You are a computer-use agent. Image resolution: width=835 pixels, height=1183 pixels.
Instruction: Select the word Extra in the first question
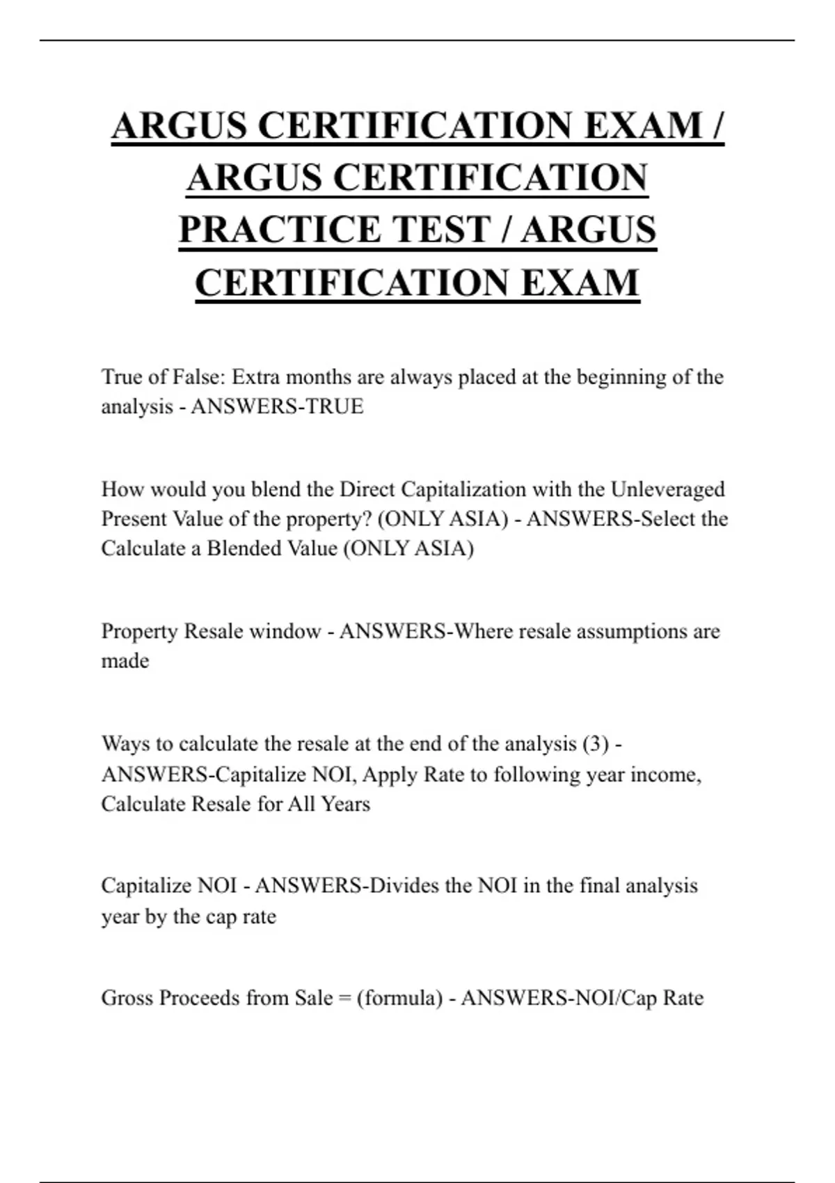[x=255, y=377]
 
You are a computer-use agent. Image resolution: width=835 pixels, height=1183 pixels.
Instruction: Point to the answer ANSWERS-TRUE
[x=277, y=406]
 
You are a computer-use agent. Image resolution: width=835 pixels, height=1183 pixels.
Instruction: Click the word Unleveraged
[x=667, y=489]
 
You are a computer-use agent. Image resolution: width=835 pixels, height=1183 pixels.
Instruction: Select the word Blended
[x=239, y=548]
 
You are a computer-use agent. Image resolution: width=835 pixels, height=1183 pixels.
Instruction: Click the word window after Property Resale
[x=285, y=631]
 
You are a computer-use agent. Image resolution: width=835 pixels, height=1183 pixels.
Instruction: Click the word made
[x=125, y=660]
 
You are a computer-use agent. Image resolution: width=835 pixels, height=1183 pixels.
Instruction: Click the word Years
[x=345, y=804]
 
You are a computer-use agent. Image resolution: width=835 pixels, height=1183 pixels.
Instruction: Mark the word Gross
[x=127, y=998]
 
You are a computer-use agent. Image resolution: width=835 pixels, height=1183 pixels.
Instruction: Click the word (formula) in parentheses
[x=399, y=998]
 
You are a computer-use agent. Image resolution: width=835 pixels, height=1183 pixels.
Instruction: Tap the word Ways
[x=125, y=744]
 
